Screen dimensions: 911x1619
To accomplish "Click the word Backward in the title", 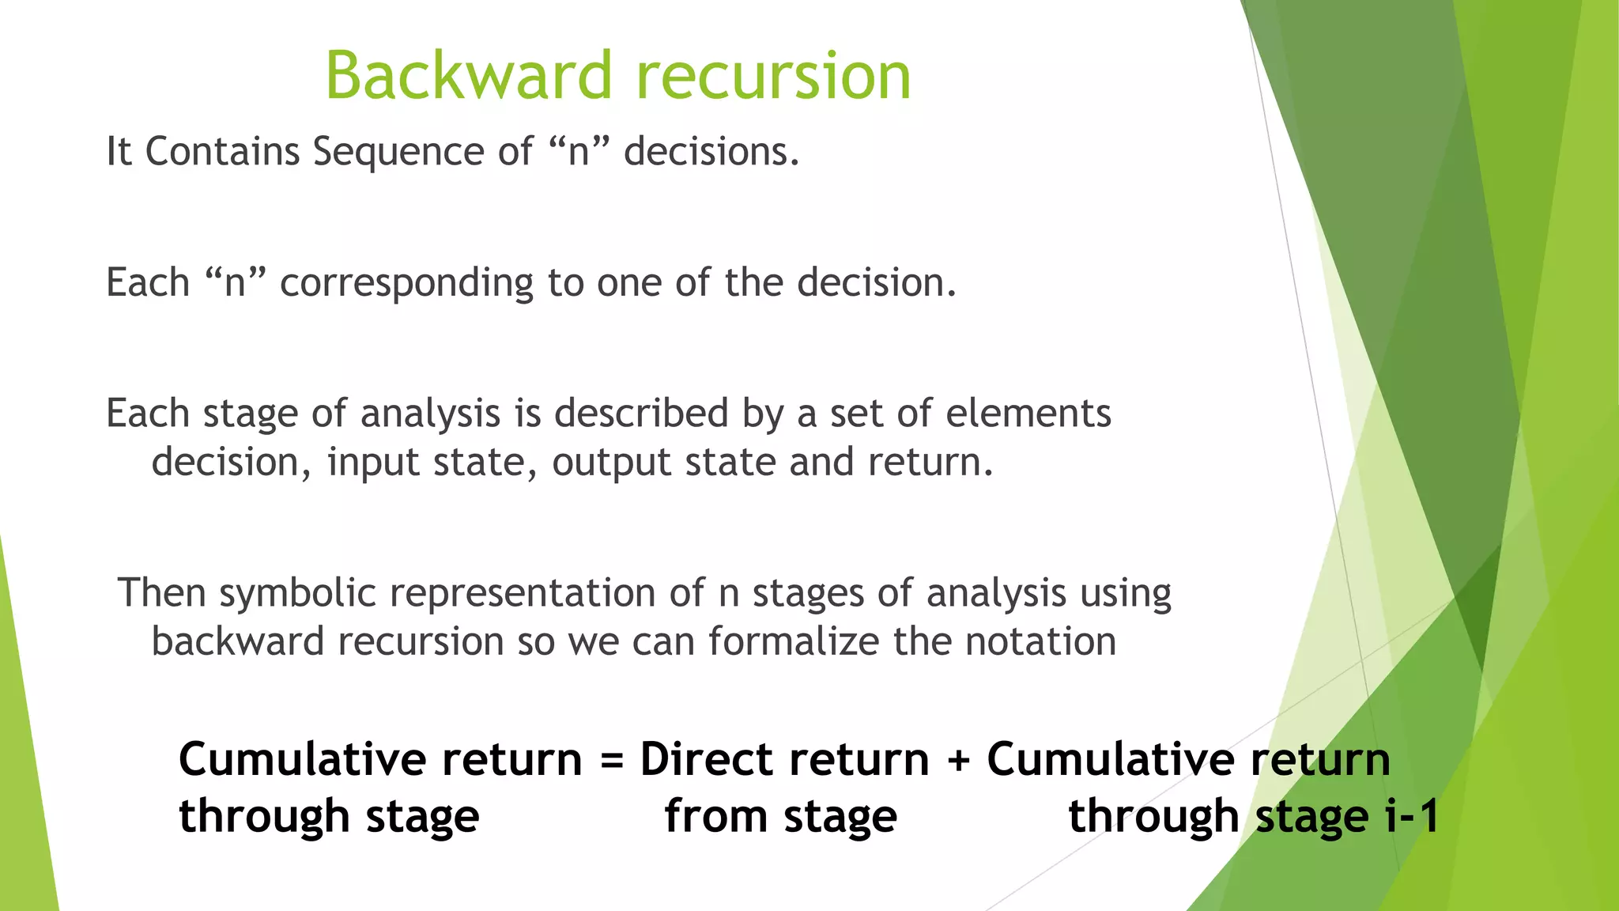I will click(x=469, y=76).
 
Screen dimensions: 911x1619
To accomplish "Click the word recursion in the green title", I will click(x=773, y=76).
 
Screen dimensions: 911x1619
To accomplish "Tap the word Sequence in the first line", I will click(x=398, y=152).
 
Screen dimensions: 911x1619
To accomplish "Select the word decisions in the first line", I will click(x=711, y=152).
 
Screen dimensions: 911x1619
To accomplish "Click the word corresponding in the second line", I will click(x=406, y=283).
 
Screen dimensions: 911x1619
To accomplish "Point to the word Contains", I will click(x=222, y=152).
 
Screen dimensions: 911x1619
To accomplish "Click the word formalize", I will click(x=793, y=641).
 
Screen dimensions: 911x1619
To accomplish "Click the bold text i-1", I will click(x=1413, y=816).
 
